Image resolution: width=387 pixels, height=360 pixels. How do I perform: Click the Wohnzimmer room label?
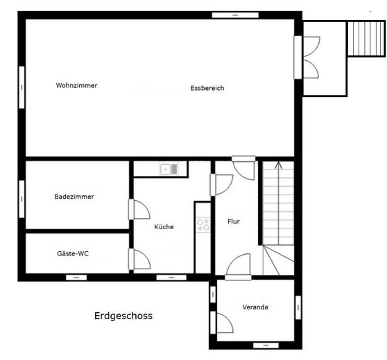76,85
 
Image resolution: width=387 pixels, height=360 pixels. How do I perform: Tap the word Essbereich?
207,88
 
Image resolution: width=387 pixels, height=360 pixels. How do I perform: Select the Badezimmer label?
74,197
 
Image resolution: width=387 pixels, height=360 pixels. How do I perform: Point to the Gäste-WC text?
73,253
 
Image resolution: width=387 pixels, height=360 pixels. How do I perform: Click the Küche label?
164,226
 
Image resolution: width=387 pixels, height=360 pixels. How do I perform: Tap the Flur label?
233,222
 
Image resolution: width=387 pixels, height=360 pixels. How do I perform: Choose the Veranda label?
255,307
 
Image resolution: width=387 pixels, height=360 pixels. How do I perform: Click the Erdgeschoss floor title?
123,316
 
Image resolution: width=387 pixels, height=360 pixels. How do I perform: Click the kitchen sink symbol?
169,168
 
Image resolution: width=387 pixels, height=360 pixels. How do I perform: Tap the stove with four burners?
203,224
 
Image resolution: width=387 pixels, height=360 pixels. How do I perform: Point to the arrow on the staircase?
278,167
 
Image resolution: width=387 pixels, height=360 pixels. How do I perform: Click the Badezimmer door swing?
139,209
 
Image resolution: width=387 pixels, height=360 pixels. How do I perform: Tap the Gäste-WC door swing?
139,259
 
